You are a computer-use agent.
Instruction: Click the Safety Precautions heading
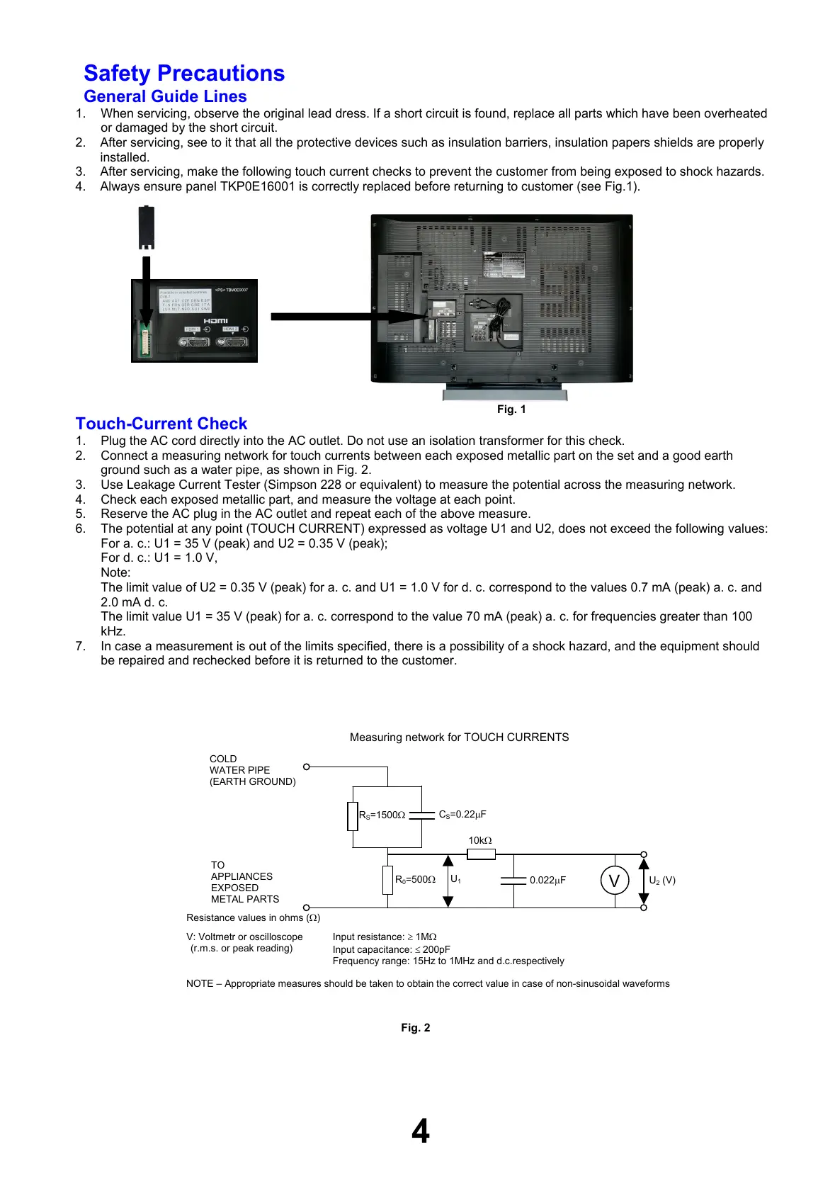[x=184, y=74]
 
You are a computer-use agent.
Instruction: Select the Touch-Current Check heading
[x=161, y=424]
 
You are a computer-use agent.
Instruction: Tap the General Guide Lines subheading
[x=165, y=96]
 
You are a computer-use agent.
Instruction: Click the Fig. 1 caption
[x=511, y=409]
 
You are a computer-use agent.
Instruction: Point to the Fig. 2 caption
[x=416, y=1028]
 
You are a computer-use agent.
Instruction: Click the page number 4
[x=421, y=1131]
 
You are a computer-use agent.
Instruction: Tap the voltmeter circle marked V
[x=614, y=881]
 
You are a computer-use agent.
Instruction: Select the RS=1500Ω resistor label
[x=382, y=815]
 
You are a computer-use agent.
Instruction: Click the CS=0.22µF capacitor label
[x=462, y=815]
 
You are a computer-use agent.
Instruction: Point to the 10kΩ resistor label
[x=480, y=841]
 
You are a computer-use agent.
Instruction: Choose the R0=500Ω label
[x=415, y=880]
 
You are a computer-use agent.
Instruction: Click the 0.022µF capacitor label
[x=547, y=881]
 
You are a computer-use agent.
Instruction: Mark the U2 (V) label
[x=662, y=881]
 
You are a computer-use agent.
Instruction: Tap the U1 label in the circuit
[x=455, y=879]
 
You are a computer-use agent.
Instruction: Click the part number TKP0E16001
[x=257, y=186]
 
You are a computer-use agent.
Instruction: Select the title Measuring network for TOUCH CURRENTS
[x=459, y=737]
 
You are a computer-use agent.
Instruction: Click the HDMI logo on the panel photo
[x=215, y=321]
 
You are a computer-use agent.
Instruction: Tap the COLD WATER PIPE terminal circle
[x=307, y=767]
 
